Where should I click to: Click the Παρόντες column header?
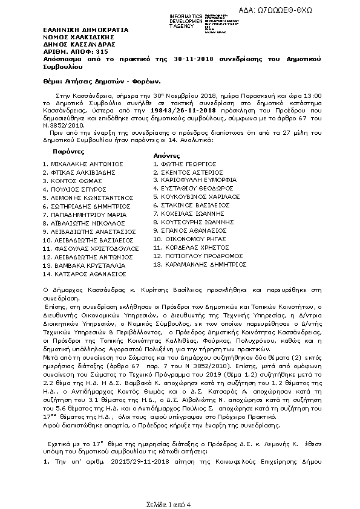tap(68, 151)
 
